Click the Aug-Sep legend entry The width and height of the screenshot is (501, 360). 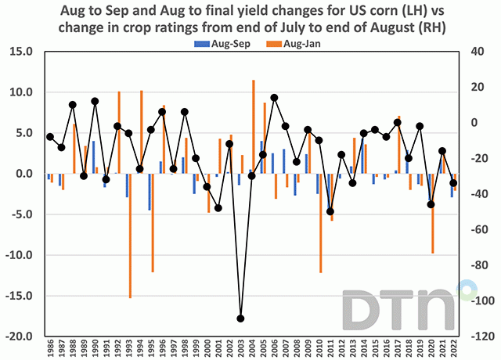tap(211, 45)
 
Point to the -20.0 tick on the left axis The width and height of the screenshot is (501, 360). tap(22, 337)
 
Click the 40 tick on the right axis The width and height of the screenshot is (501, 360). tap(478, 51)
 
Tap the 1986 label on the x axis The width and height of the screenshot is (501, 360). tap(50, 348)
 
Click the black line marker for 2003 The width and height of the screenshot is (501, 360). tap(241, 319)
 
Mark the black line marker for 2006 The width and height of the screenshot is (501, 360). tap(275, 98)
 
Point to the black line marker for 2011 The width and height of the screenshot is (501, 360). tap(330, 211)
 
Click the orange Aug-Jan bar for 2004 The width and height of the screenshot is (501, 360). tap(254, 127)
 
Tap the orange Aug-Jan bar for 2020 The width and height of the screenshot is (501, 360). tap(433, 213)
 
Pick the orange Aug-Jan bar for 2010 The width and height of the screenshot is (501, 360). tap(321, 223)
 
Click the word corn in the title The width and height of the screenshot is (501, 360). tap(369, 10)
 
